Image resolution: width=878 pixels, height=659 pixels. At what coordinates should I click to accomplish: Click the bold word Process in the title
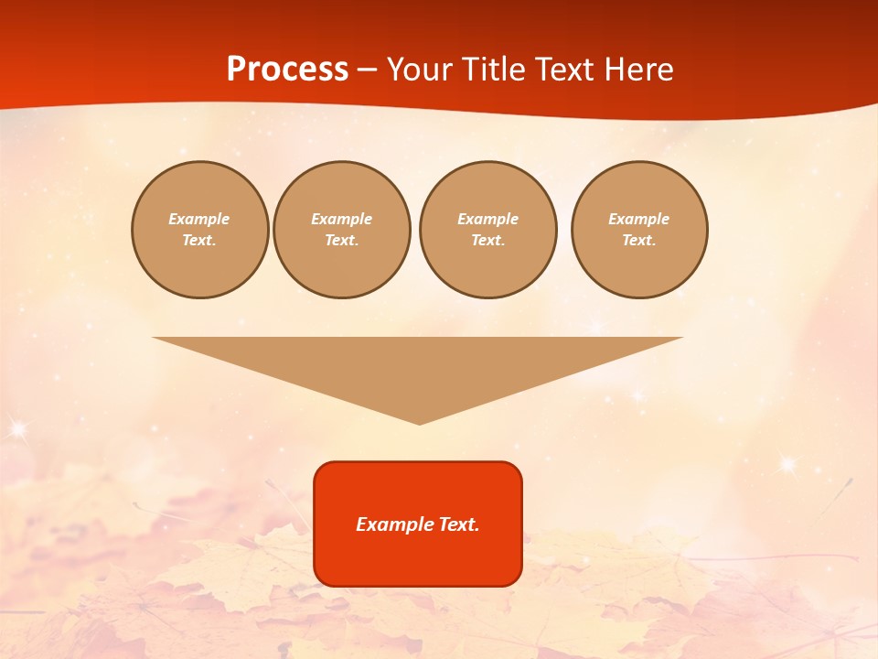287,69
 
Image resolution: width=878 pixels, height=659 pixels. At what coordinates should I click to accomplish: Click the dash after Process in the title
367,70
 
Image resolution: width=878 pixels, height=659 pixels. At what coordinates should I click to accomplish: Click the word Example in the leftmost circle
199,219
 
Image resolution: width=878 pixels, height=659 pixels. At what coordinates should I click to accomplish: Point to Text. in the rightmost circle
639,240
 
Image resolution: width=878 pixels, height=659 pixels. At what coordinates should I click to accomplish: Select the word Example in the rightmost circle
639,219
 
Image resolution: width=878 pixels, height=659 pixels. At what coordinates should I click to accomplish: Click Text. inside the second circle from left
342,240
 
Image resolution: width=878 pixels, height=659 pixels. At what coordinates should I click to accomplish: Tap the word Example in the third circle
488,219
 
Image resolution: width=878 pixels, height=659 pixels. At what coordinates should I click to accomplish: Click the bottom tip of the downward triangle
419,422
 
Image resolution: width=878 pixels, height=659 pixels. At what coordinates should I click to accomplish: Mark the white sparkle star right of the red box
787,464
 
